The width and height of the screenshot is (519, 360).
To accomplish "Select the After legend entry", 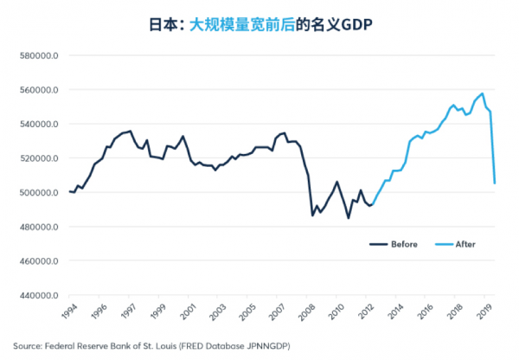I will (465, 244).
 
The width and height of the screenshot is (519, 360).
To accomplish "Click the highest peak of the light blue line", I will (482, 93).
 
